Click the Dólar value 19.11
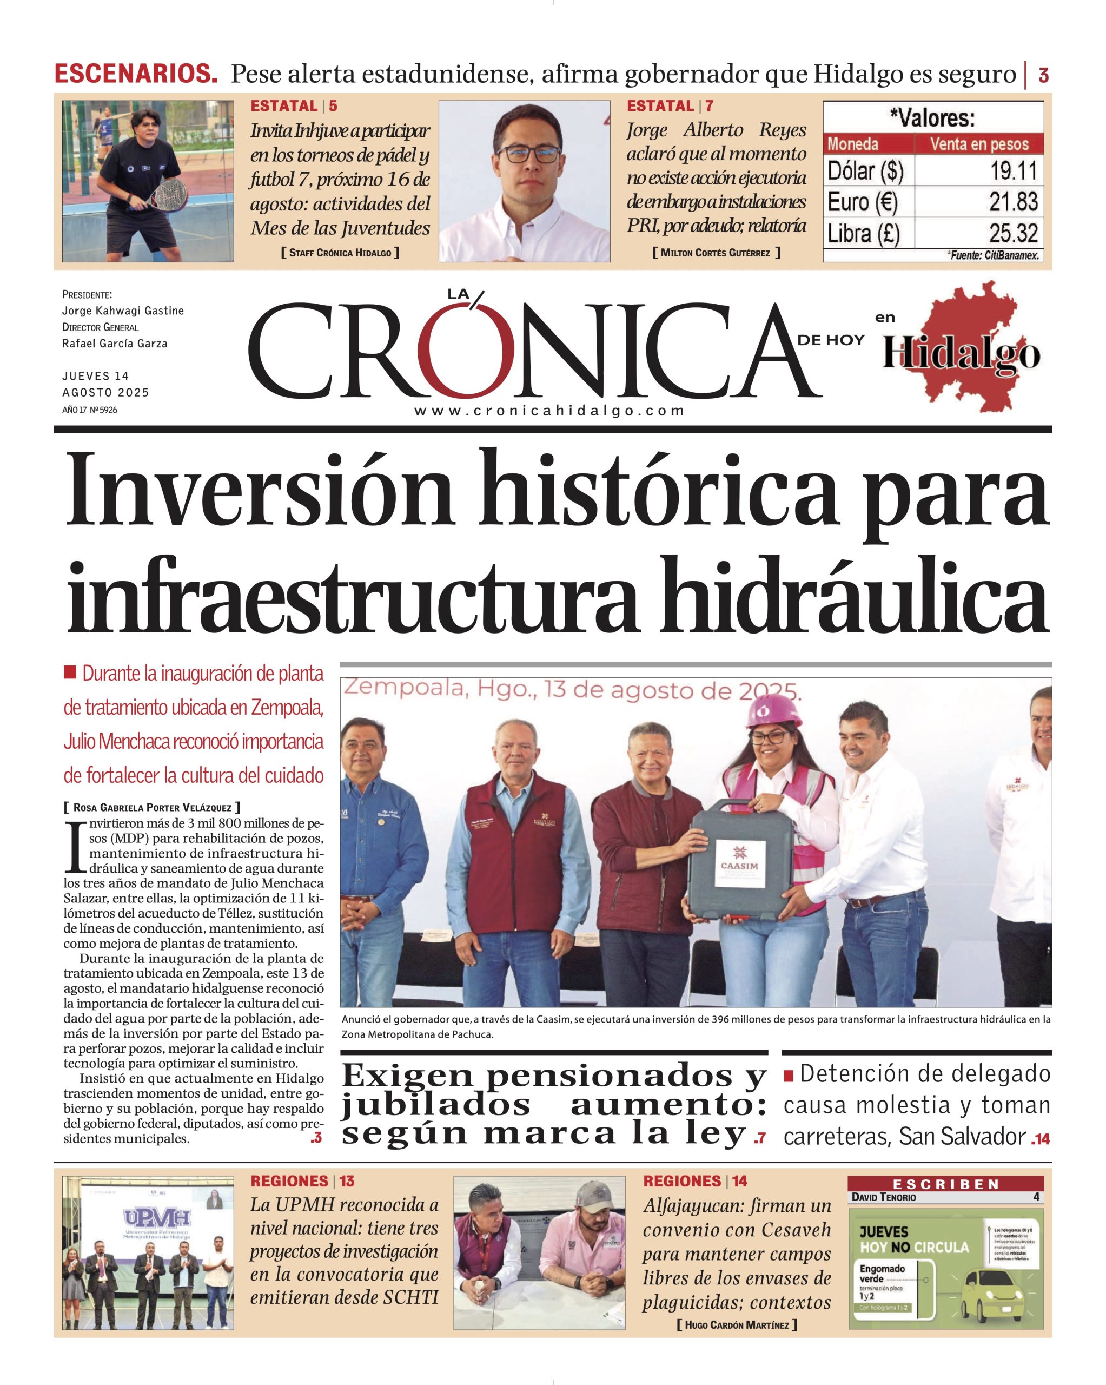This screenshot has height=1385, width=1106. tap(1013, 171)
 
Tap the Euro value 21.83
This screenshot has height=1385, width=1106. tap(1013, 202)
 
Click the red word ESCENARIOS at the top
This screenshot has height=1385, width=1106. tap(136, 75)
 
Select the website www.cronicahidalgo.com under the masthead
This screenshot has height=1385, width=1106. tap(549, 411)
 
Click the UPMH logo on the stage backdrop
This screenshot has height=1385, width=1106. tap(148, 1218)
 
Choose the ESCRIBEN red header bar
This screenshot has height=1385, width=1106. tap(945, 1184)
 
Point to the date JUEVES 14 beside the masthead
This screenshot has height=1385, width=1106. tap(96, 376)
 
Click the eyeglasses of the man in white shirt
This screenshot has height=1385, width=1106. tap(526, 154)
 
